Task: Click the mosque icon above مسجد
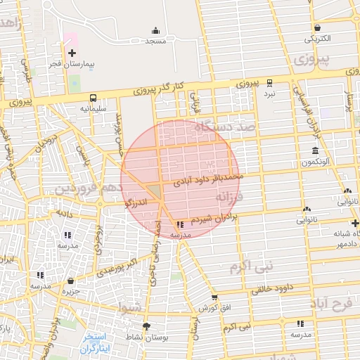pyautogui.click(x=155, y=31)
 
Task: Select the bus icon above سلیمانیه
pyautogui.click(x=93, y=98)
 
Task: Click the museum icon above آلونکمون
pyautogui.click(x=314, y=151)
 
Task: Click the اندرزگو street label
pyautogui.click(x=135, y=203)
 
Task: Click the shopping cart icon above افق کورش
pyautogui.click(x=214, y=297)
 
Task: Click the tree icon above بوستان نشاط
pyautogui.click(x=147, y=326)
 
